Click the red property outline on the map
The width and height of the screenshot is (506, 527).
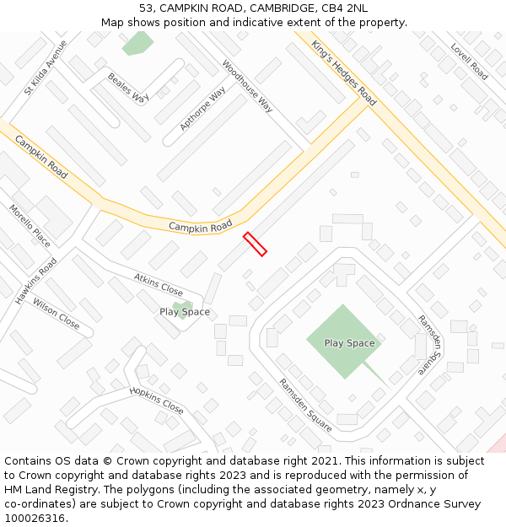255,244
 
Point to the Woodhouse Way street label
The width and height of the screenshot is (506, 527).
247,86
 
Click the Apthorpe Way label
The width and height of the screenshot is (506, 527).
202,109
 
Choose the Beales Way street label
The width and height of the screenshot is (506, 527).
128,87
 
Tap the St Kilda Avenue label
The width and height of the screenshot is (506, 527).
46,66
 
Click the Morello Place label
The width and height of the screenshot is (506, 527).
30,226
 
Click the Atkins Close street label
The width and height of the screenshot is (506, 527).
159,284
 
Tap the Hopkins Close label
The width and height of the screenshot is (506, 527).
156,401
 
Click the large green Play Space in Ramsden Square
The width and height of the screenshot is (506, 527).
348,343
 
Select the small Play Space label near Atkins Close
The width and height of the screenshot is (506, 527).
185,312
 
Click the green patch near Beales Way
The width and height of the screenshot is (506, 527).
137,44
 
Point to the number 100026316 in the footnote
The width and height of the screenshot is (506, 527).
35,518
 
